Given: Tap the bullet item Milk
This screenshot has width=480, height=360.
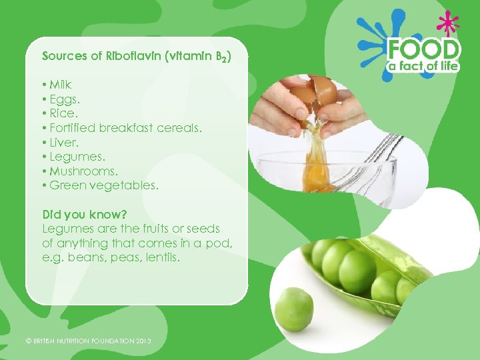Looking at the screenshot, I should pyautogui.click(x=59, y=85).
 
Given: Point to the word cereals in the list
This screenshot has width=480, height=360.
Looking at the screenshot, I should pyautogui.click(x=179, y=127).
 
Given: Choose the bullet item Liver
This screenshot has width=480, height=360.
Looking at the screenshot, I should pyautogui.click(x=63, y=142).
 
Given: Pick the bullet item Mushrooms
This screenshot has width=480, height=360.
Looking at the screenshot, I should pyautogui.click(x=77, y=171).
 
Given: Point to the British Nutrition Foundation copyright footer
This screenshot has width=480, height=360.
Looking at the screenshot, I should pyautogui.click(x=88, y=341).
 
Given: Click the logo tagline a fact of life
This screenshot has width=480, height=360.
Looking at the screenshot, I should pyautogui.click(x=424, y=67).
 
